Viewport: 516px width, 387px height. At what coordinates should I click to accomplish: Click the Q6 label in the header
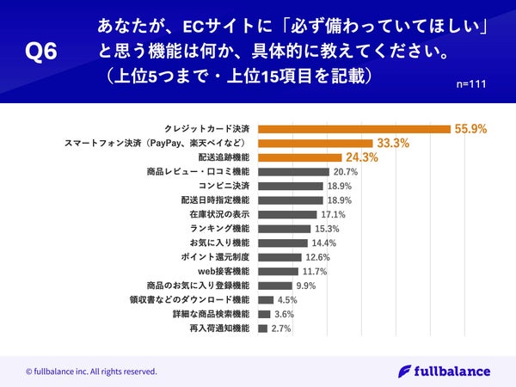click(41, 52)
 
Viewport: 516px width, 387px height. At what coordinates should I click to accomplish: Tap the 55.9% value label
click(470, 129)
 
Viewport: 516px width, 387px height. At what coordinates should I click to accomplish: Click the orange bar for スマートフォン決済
click(315, 143)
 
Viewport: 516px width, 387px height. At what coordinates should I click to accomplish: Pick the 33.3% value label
click(391, 144)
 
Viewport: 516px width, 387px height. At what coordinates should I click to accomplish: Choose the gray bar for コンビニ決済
click(290, 186)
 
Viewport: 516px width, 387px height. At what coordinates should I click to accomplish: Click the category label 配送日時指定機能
click(211, 200)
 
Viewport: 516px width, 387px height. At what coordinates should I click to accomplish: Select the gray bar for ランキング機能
click(284, 229)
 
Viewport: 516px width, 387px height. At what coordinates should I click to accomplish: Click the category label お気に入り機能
click(218, 243)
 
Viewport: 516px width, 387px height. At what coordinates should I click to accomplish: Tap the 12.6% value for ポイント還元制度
click(317, 257)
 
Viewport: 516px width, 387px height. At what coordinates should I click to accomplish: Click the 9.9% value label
click(307, 286)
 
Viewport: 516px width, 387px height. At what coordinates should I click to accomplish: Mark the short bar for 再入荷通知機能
click(261, 329)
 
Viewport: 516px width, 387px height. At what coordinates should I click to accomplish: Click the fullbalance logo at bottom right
click(445, 371)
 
